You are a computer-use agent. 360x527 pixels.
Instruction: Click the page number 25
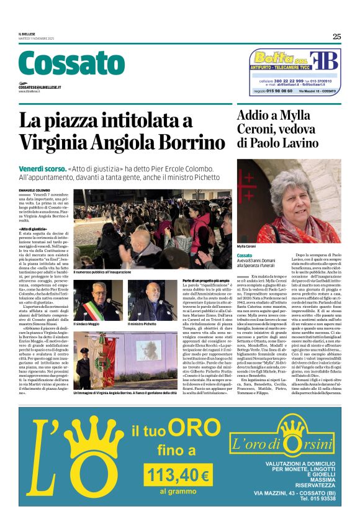(x=336, y=36)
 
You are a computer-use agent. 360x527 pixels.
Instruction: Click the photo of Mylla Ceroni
(x=289, y=200)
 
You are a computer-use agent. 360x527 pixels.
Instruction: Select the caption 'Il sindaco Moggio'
(x=87, y=324)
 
